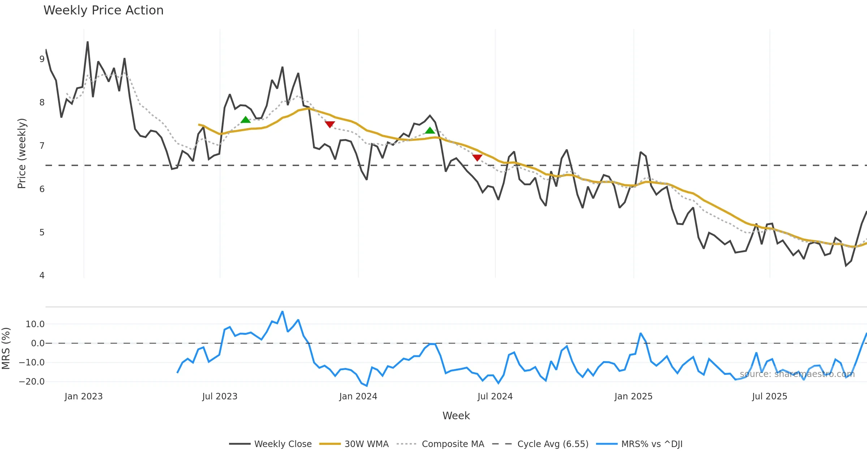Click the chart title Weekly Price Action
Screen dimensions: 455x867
coord(103,10)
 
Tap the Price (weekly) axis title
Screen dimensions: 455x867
coord(22,153)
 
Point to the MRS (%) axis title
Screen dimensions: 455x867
coord(6,348)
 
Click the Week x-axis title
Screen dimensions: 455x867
coord(456,416)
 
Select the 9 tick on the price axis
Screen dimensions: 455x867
coord(42,59)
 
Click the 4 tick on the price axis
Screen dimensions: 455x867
coord(42,276)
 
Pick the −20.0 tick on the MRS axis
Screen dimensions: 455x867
coord(32,381)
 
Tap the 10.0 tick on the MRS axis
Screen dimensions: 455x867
coord(35,324)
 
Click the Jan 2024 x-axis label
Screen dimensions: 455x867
coord(358,396)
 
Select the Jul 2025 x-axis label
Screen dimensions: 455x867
coord(769,396)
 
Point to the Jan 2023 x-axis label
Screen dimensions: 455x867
coord(83,396)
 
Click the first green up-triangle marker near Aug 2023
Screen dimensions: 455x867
coord(246,120)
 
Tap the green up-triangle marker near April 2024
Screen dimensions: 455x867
coord(430,130)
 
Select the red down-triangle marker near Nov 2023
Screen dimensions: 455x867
coord(330,124)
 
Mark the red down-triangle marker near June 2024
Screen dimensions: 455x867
coord(477,158)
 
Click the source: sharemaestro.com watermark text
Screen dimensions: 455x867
coord(797,374)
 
